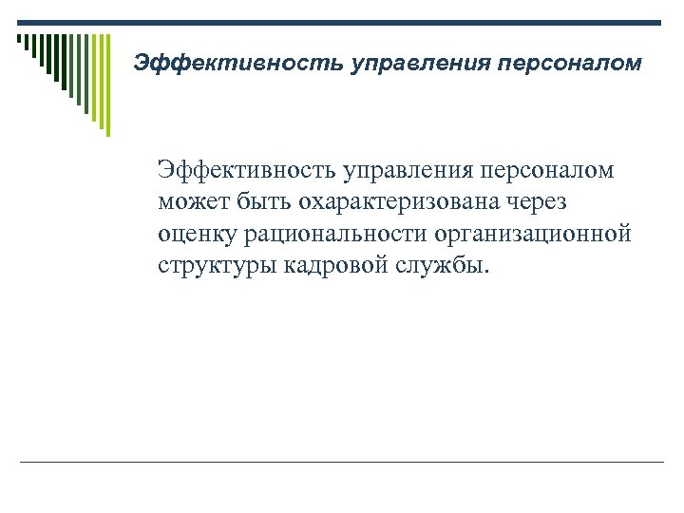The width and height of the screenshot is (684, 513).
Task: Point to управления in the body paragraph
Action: [x=412, y=171]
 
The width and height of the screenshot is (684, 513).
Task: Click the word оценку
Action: [x=198, y=234]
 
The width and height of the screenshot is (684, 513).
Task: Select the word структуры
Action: [x=216, y=265]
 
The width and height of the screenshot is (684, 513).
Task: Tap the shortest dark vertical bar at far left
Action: [x=18, y=40]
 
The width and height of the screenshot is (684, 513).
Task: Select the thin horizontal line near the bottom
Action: [x=342, y=462]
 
